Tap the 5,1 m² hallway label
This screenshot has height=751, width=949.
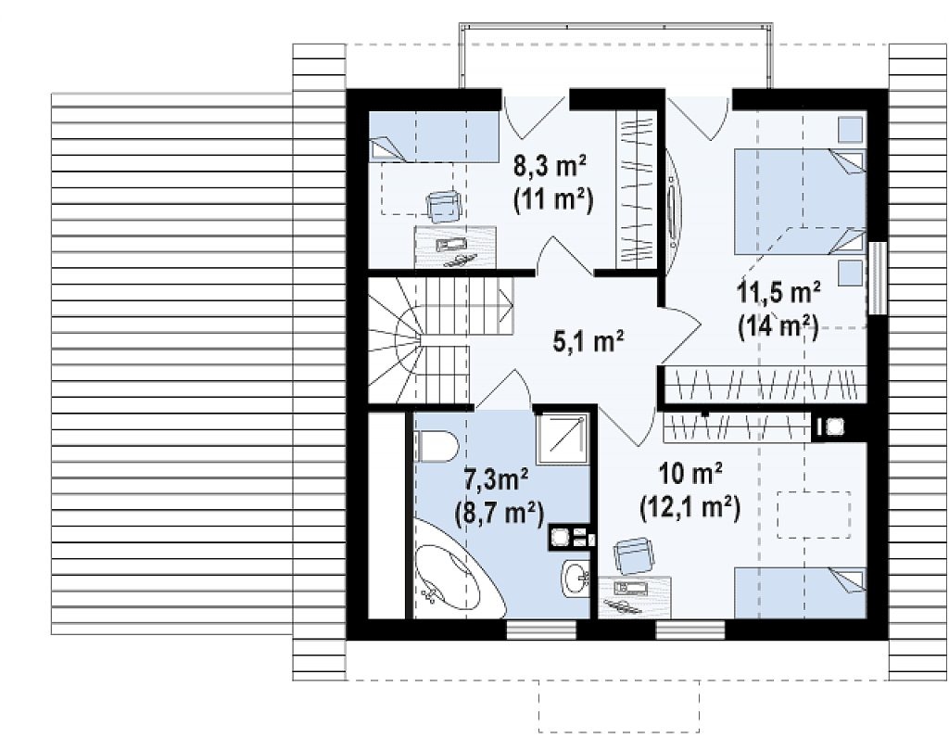[588, 341]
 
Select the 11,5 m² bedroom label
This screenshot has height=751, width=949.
[778, 292]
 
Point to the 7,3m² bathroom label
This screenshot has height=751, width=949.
[497, 479]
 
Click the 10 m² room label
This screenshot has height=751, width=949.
[690, 474]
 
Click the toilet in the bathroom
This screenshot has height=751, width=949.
[436, 446]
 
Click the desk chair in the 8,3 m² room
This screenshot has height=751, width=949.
[445, 207]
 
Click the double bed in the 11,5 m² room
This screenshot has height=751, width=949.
[799, 201]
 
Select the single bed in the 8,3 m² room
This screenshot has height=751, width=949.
[434, 137]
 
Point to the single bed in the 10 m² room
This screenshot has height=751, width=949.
[800, 593]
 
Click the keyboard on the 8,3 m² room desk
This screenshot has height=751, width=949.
[451, 245]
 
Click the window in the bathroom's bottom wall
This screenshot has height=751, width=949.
[541, 630]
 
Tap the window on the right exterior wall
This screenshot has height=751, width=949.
[877, 277]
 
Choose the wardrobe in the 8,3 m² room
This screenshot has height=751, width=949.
[636, 188]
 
